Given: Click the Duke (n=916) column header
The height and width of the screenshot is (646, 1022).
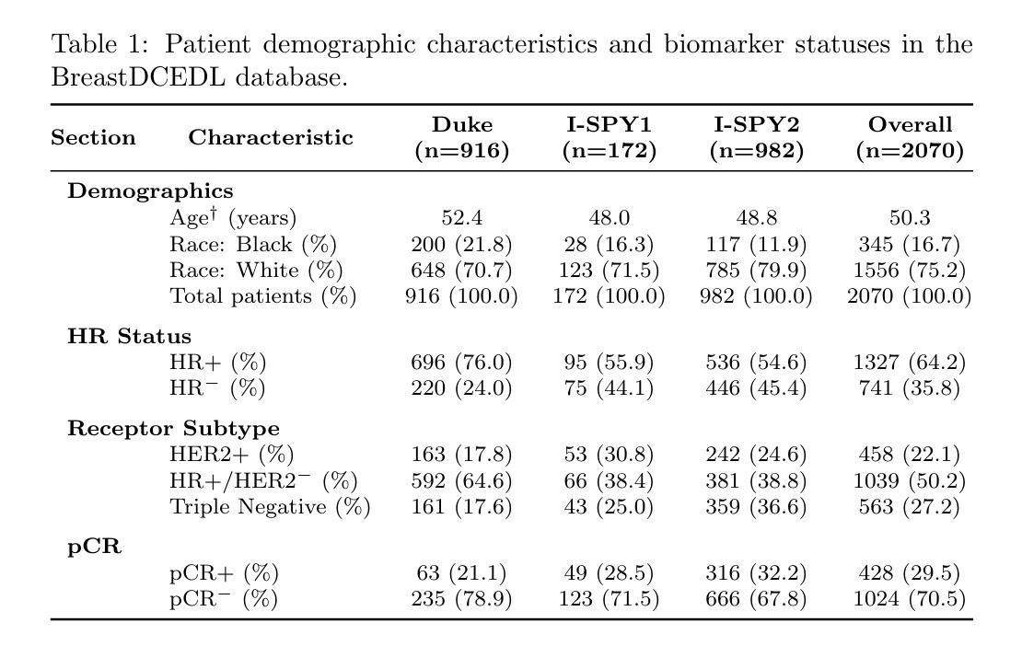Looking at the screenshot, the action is coord(462,137).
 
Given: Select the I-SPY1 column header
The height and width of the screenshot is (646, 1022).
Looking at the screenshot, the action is coord(610,137).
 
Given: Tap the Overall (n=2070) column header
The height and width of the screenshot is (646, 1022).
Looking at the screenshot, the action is coord(910,137).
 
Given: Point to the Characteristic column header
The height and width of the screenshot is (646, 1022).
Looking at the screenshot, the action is coord(271,137).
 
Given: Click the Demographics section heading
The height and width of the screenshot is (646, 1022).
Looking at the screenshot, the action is coord(151,190).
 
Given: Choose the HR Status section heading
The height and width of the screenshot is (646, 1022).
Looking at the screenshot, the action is coord(130,336).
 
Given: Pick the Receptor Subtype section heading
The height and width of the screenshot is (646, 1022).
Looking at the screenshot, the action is coord(173,429).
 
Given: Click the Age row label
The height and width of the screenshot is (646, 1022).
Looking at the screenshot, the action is coord(233,217).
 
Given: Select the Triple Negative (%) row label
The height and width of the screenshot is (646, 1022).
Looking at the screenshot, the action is coord(270,507).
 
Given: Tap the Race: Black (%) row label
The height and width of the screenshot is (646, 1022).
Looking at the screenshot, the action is coord(253,244).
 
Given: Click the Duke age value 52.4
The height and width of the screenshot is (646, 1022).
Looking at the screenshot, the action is coord(462,217).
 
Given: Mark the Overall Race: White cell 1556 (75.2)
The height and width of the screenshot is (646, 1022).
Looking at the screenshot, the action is coord(910,271).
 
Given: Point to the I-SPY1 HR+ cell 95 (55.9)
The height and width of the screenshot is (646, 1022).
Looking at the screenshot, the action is coord(610,362).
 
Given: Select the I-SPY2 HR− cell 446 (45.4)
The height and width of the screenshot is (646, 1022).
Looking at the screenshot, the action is coord(756,388).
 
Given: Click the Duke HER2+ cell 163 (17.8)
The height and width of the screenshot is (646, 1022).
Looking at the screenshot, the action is coord(462,454).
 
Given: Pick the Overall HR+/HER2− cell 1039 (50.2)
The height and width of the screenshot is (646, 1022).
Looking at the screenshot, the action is coord(910,480).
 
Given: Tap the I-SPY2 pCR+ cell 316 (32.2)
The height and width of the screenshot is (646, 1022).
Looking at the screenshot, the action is coord(756,572).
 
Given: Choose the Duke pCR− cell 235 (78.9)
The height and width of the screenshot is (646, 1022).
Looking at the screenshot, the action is coord(462,598).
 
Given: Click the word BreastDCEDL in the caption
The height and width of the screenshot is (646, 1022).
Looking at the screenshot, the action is coord(138,77).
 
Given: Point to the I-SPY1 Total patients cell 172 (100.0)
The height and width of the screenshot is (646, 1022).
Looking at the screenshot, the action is coord(610,296).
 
